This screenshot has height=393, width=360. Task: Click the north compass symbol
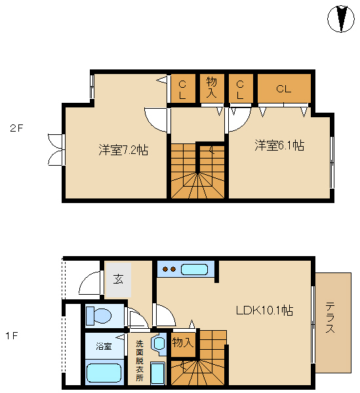click(341, 19)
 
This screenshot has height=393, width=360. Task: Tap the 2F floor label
click(16, 128)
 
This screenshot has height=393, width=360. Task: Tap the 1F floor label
click(12, 336)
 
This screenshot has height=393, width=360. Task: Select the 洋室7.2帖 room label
click(123, 150)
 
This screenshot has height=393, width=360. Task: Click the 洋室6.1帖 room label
click(279, 145)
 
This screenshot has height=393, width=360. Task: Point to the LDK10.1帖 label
click(264, 310)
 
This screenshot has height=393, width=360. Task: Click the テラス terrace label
click(330, 318)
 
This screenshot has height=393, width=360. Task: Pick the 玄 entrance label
click(118, 279)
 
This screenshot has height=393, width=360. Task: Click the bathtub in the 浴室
click(104, 373)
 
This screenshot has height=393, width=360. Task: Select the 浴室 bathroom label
click(104, 346)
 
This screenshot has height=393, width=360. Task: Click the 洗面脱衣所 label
click(140, 361)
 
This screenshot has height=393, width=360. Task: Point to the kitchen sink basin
click(194, 269)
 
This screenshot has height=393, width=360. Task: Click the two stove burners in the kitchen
click(169, 269)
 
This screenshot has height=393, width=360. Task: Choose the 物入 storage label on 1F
click(183, 343)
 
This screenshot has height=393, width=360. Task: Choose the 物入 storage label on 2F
click(211, 88)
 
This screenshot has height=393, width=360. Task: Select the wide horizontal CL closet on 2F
click(284, 88)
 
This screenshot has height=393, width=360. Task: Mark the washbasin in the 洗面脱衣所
click(159, 343)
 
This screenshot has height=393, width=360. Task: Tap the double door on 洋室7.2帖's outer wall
click(55, 149)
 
